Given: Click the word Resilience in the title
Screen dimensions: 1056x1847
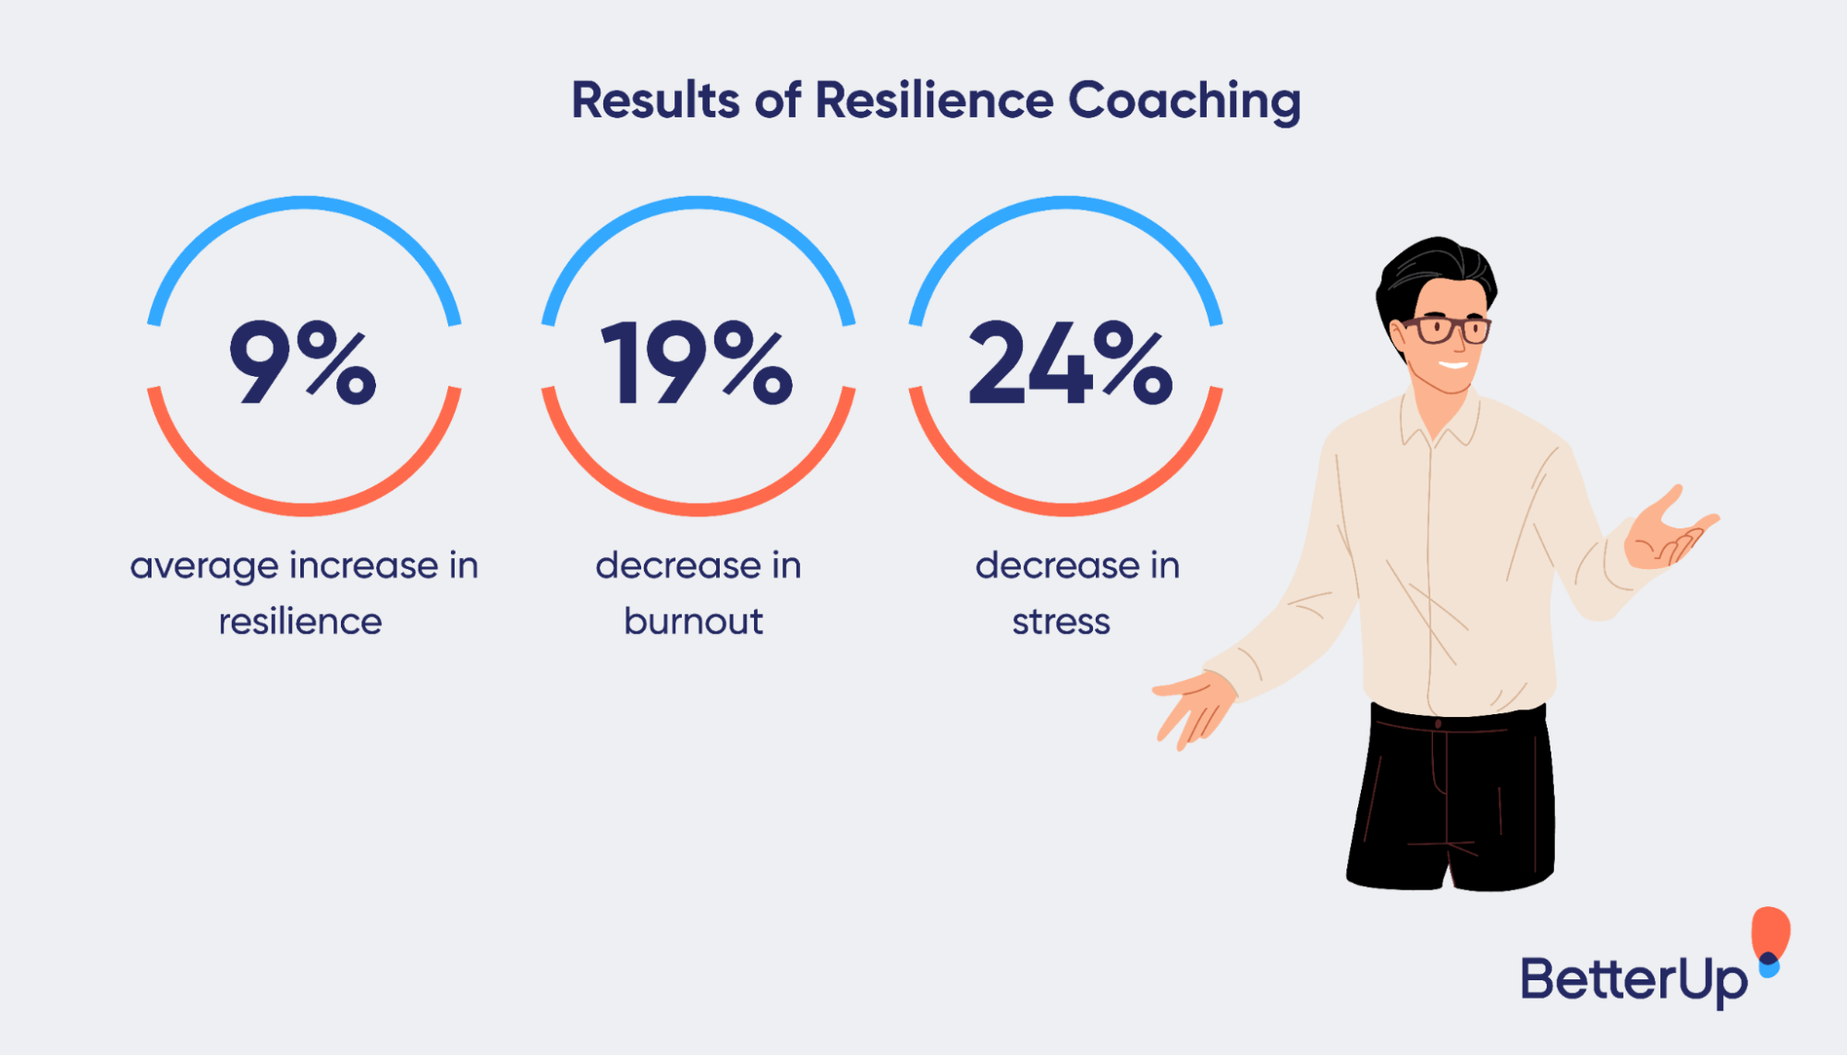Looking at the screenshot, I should [933, 100].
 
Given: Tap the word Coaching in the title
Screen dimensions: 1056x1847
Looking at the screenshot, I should [1185, 102].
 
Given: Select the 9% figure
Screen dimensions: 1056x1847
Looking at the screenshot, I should [303, 362].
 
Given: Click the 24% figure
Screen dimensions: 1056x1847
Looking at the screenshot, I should [1070, 362].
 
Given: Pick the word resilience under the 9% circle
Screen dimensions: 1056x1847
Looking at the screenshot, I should [300, 622].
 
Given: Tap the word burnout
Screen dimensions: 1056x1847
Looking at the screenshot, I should [694, 622].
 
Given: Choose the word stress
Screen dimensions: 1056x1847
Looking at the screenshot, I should [1061, 622].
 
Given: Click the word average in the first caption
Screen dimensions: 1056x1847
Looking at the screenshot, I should [203, 566].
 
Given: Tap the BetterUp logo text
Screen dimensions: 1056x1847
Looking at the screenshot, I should [1634, 980].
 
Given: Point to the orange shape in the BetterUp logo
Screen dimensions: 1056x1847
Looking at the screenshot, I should [1770, 931].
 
